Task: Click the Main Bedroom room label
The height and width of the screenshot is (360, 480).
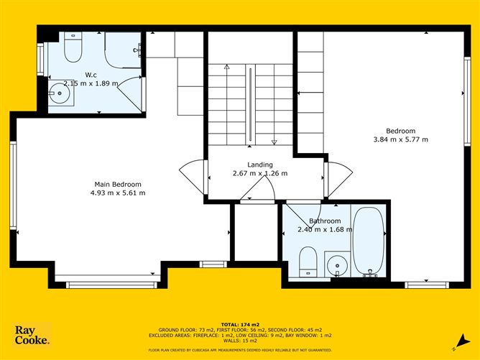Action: (x=118, y=184)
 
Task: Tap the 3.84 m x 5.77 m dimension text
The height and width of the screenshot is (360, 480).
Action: (x=401, y=139)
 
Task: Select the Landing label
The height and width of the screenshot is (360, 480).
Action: (x=260, y=165)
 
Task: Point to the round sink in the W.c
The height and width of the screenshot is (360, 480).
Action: (x=60, y=93)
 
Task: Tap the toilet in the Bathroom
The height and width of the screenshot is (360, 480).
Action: (x=308, y=262)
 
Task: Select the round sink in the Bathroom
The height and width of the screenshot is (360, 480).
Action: (x=337, y=265)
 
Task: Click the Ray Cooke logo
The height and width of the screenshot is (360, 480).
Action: (x=32, y=335)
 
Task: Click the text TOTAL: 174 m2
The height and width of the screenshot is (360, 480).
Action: (x=240, y=325)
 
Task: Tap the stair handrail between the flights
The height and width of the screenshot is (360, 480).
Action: (x=250, y=104)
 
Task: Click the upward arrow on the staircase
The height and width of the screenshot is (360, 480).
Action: (x=227, y=104)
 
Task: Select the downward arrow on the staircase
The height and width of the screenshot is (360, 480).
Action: (x=274, y=104)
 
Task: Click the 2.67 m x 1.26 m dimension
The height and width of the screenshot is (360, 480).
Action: (x=260, y=173)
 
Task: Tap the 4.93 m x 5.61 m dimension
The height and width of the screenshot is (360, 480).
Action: (x=118, y=193)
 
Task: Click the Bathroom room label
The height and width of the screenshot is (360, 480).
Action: (x=325, y=221)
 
